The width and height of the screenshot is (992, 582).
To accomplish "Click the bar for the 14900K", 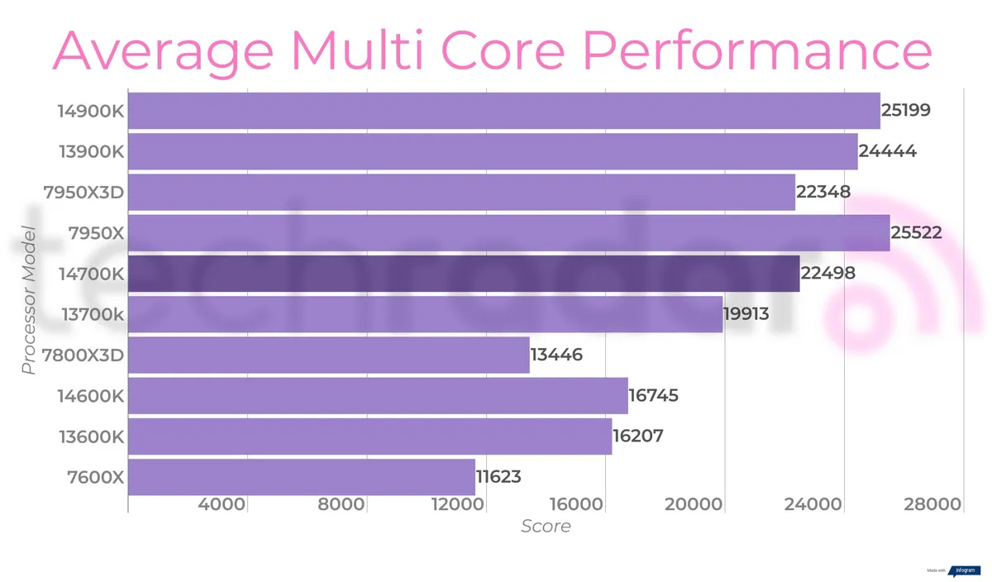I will coord(504,111).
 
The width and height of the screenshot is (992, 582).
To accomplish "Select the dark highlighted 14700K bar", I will coord(464,274).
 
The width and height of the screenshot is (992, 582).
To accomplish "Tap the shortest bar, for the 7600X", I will coord(302,477).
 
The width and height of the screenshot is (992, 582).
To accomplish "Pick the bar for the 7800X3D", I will coord(329,355).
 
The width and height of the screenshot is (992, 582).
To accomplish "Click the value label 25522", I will coord(917,233).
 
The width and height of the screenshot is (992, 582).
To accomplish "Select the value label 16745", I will coord(653,396).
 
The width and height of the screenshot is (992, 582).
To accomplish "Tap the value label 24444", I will coord(887,152).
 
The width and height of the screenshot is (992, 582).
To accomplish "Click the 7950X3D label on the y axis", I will coord(83,193).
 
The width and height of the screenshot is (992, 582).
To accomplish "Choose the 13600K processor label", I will coord(91,436).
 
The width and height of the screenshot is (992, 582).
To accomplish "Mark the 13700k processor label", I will coord(93,314).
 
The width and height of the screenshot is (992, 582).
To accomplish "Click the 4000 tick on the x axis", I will coord(222,504).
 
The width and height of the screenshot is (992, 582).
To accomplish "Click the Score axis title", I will coord(545,526).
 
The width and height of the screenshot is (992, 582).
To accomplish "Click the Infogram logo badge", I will coord(964,570).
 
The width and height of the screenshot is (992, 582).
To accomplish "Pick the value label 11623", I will coord(498,477).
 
